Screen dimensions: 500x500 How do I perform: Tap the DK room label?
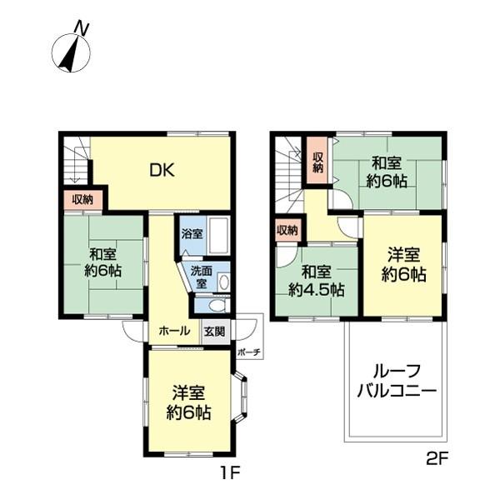[x=162, y=170]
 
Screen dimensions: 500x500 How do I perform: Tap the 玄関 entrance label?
[x=213, y=331]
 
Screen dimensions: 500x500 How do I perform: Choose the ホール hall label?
[x=173, y=331]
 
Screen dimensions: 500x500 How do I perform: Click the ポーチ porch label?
[x=248, y=352]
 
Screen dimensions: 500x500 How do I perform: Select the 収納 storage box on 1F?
[x=82, y=199]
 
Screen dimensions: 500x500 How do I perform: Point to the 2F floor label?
[x=437, y=457]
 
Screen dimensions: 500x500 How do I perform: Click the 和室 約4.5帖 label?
[x=317, y=281]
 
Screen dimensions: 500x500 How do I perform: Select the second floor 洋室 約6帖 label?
[x=404, y=264]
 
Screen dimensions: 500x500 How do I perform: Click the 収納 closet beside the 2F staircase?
[x=317, y=158]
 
